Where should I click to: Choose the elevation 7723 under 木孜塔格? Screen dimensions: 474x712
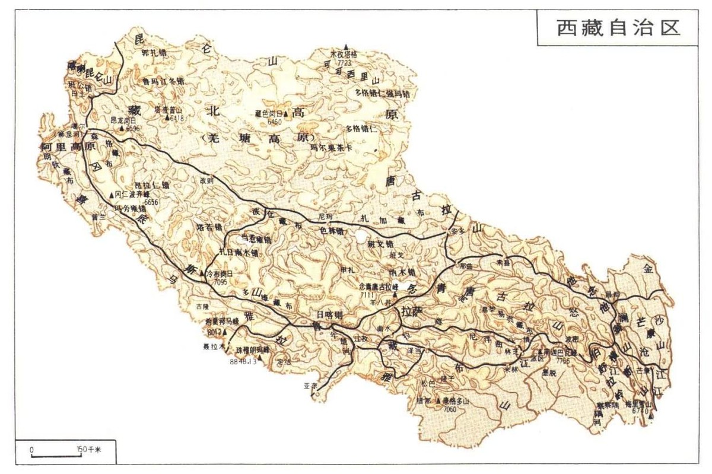click(345, 62)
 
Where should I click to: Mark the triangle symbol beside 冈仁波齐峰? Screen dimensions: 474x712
click(111, 195)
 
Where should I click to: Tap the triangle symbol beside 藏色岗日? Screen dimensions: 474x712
click(285, 113)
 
